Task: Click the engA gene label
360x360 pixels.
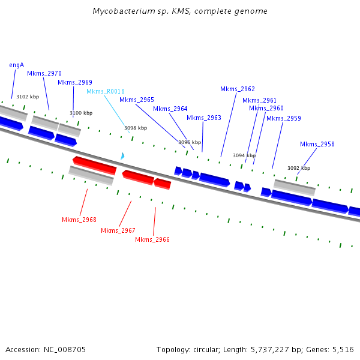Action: (x=16, y=65)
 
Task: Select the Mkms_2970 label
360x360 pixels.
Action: (x=44, y=73)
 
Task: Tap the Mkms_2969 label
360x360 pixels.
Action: (x=75, y=82)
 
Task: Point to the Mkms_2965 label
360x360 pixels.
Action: (x=137, y=100)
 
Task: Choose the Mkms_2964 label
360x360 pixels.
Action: (x=170, y=109)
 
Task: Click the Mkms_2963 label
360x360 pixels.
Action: (x=204, y=118)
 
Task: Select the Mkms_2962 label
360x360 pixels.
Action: (x=238, y=89)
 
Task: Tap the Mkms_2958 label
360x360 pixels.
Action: (x=317, y=144)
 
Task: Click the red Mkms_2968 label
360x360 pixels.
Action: (x=79, y=220)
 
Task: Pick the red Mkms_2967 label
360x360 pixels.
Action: (x=118, y=230)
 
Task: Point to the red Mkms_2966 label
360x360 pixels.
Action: (x=152, y=239)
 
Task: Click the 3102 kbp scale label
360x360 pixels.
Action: (x=28, y=97)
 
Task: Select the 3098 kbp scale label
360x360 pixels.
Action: (x=136, y=128)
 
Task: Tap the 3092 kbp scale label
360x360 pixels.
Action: (x=299, y=168)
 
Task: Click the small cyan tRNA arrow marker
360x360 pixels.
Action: (x=122, y=156)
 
